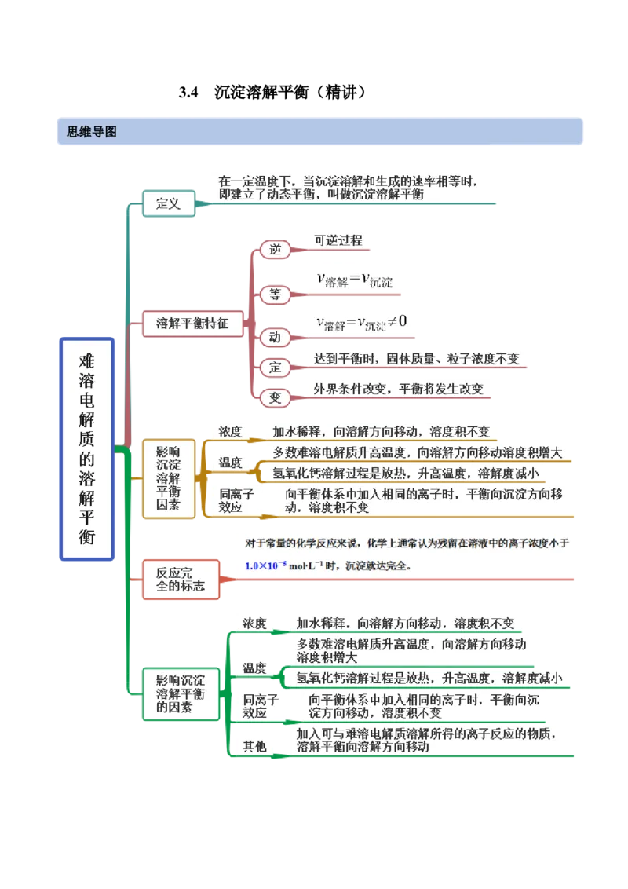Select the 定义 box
[168, 204]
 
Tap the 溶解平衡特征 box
[192, 323]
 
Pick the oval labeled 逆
[275, 250]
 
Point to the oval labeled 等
[275, 295]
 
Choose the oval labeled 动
[275, 337]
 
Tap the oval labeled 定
[275, 367]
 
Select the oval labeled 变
[275, 397]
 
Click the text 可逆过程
[338, 240]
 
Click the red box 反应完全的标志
[181, 579]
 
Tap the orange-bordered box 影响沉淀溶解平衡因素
[168, 479]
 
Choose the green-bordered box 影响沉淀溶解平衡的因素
[181, 693]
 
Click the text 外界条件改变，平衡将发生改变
[399, 389]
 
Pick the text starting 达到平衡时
[416, 359]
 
